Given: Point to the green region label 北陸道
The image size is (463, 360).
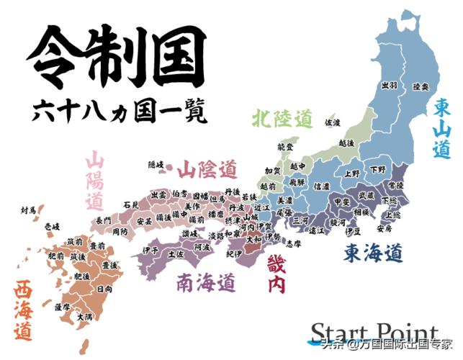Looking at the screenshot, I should click(x=282, y=117).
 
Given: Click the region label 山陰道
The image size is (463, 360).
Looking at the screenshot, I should click(x=207, y=170).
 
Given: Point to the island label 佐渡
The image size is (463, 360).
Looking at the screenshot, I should click(x=333, y=123).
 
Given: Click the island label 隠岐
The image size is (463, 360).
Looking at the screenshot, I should click(x=156, y=165).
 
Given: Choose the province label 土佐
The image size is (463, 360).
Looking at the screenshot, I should click(x=176, y=253).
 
